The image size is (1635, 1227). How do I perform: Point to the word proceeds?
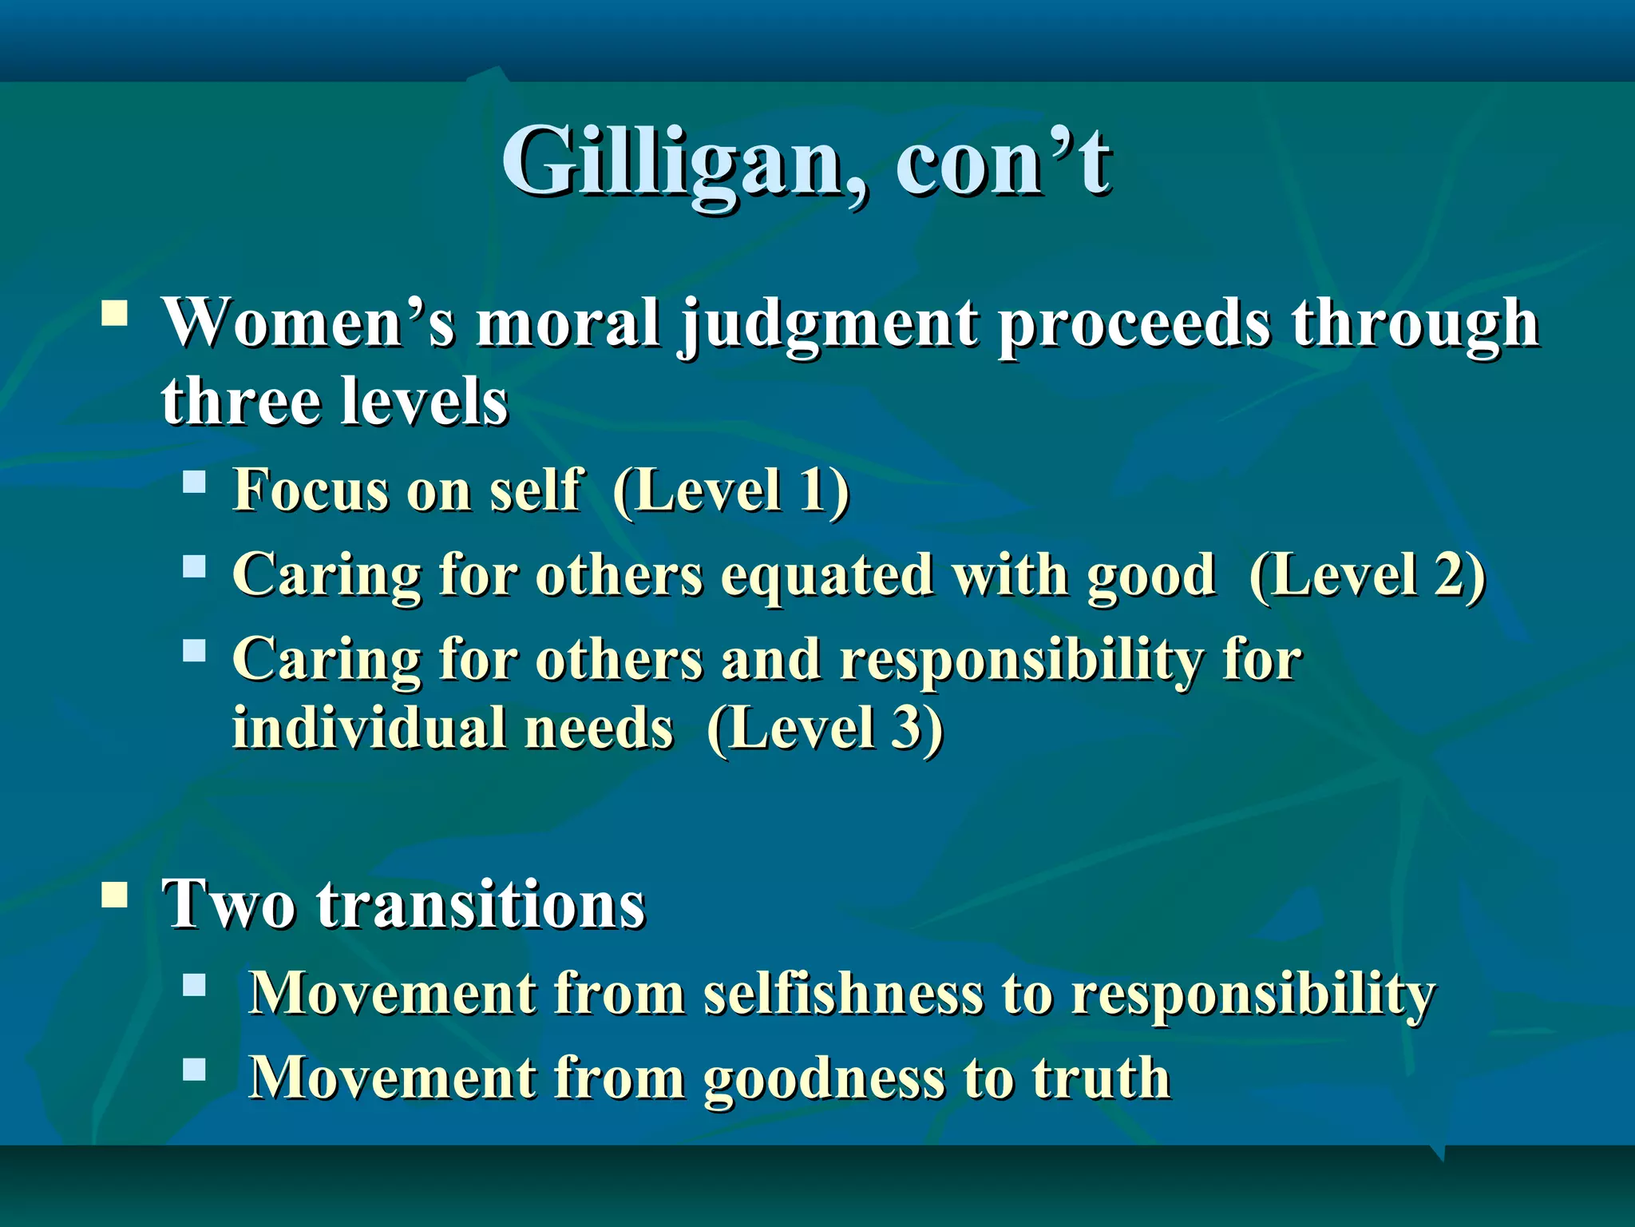click(1134, 326)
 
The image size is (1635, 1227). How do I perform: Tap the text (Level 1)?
click(730, 491)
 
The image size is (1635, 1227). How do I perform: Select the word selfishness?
click(843, 995)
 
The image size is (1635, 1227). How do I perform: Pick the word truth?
click(1101, 1078)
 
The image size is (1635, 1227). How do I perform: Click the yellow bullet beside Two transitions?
click(115, 896)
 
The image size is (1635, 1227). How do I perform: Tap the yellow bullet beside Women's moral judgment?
click(115, 314)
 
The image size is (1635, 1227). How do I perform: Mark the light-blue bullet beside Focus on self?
click(194, 482)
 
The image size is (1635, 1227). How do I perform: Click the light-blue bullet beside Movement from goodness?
click(194, 1069)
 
